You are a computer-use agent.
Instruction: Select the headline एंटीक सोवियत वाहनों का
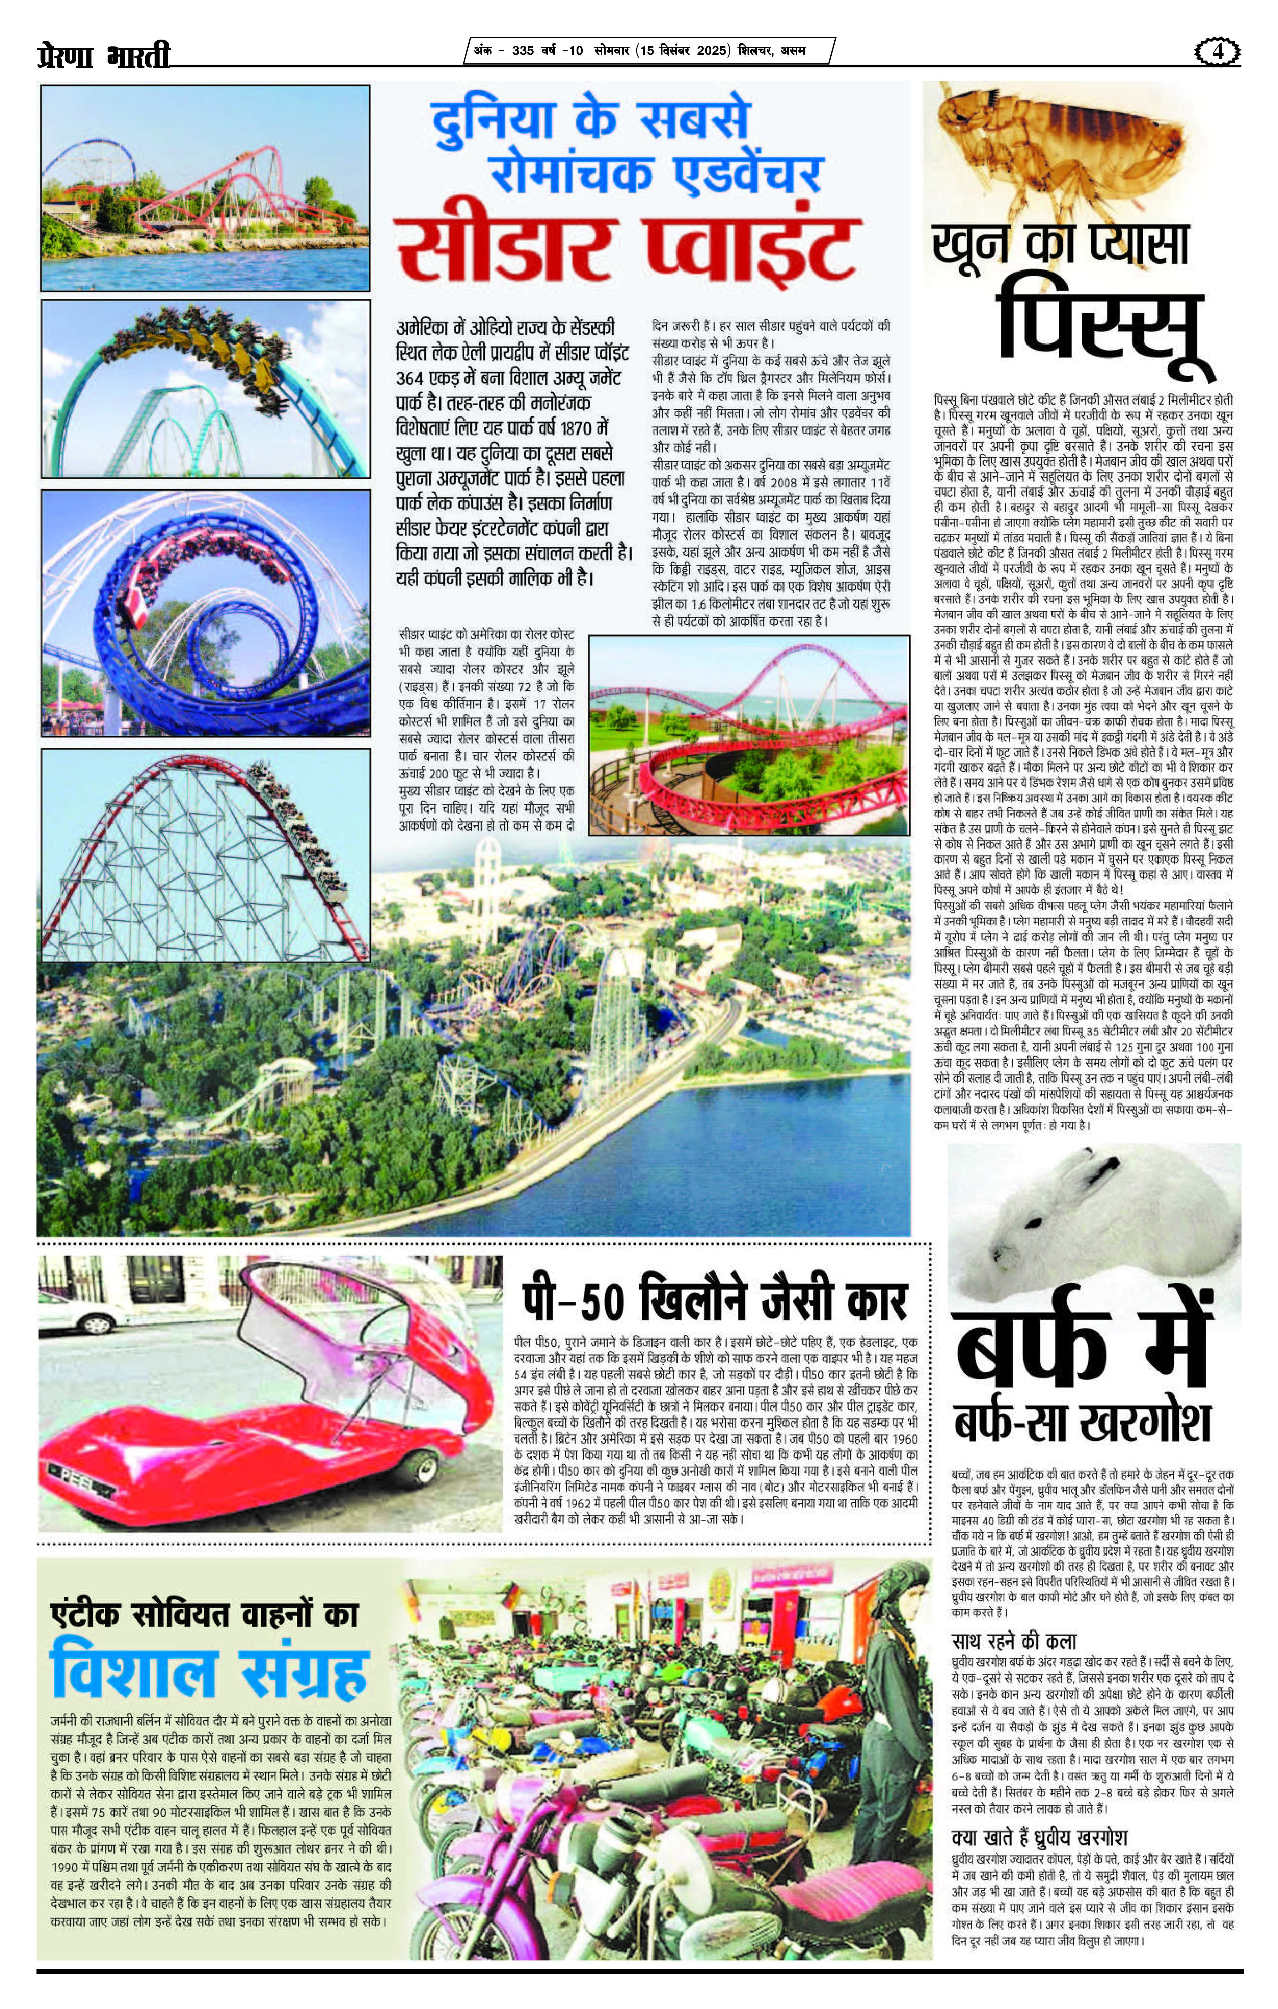pyautogui.click(x=204, y=1614)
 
